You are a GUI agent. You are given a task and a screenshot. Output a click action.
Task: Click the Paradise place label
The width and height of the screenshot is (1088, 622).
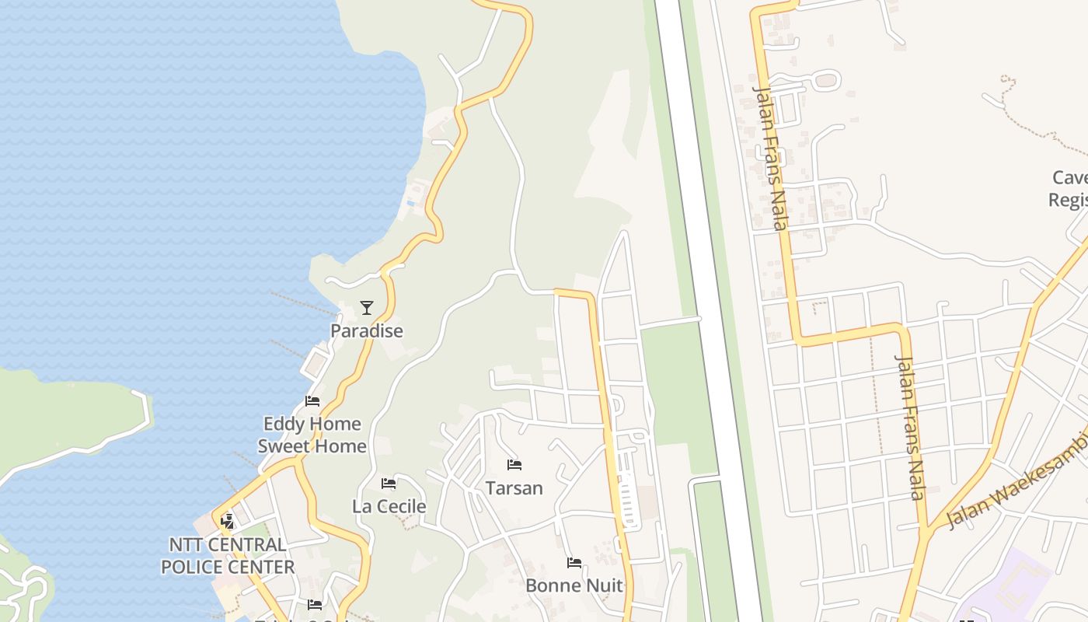click(x=367, y=330)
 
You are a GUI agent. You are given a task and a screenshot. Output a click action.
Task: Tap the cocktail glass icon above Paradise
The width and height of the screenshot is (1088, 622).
click(x=367, y=308)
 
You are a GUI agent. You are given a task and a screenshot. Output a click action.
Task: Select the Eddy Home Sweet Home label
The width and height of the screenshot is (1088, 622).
click(x=312, y=435)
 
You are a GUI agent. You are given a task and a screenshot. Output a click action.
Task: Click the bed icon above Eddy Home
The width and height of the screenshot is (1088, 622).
click(x=312, y=401)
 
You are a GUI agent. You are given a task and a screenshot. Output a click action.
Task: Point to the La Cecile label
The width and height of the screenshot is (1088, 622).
click(x=389, y=506)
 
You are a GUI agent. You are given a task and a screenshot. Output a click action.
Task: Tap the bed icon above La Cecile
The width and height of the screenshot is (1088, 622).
click(x=389, y=484)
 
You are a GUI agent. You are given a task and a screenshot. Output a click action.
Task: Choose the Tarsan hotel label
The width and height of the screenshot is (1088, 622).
click(x=514, y=487)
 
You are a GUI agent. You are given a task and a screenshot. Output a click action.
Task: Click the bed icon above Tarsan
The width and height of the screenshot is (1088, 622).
click(x=514, y=465)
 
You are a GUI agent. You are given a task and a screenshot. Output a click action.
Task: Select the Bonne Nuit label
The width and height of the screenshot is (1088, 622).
click(x=574, y=585)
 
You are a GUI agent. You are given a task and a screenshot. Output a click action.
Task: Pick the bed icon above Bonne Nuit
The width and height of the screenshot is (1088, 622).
click(x=574, y=562)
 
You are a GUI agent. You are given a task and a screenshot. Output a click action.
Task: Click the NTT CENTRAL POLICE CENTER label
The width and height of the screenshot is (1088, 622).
click(x=228, y=555)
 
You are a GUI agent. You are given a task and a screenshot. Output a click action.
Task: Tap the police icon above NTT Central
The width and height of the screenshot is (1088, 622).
click(x=228, y=521)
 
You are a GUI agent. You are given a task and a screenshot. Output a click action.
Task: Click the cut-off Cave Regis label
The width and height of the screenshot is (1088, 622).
click(x=1069, y=189)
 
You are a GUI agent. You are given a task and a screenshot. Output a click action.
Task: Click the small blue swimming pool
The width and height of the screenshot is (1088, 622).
click(x=410, y=204)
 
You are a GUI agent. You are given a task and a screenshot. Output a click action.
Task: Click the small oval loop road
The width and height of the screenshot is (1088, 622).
click(x=826, y=80)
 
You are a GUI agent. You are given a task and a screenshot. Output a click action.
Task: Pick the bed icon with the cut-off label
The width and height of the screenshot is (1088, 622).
click(x=315, y=604)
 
